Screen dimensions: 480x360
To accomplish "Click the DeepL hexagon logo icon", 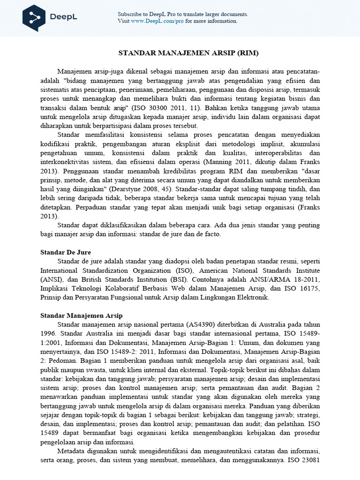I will tap(34, 17).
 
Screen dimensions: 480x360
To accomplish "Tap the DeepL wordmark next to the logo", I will tap(63, 18).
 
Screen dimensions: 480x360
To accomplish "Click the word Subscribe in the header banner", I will tap(129, 15).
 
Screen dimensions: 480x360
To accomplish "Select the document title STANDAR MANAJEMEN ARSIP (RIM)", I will tap(188, 53).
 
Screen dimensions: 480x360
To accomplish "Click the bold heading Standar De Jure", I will tap(65, 252).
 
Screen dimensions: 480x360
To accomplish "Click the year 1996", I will tap(48, 333).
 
